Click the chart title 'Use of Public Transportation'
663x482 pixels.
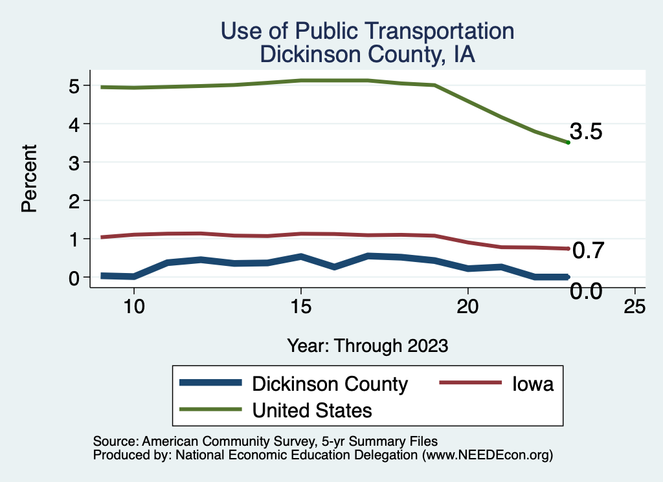pos(367,30)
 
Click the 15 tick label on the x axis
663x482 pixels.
pos(300,306)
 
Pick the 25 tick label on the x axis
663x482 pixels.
pos(635,306)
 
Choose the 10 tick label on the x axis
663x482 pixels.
pos(134,306)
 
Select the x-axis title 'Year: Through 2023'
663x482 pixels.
pos(367,345)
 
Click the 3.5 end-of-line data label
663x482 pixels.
pos(587,132)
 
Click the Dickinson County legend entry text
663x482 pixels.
pos(330,384)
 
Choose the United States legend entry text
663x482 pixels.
pos(312,410)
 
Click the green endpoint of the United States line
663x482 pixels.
pos(568,142)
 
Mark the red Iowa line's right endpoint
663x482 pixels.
pos(568,248)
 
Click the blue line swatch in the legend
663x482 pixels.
pos(211,384)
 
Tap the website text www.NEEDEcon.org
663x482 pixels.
pos(488,455)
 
